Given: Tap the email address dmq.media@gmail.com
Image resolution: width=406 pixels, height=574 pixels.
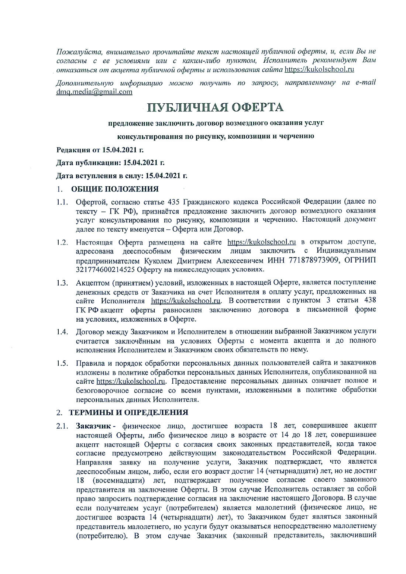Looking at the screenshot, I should coord(94,92).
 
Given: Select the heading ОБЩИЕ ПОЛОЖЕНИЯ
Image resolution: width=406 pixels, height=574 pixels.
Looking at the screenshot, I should coord(115,189).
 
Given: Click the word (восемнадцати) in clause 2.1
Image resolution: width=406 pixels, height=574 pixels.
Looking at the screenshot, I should coord(118,480).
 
